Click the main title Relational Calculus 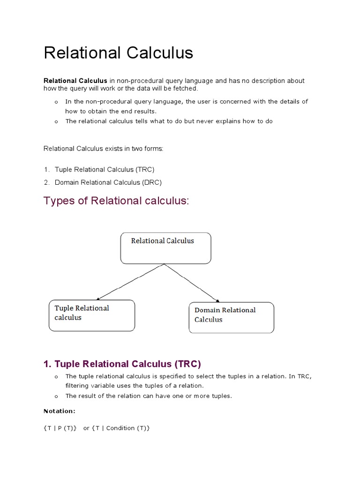118,53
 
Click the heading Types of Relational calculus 116,201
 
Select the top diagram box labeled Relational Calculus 165,248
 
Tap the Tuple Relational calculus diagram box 92,315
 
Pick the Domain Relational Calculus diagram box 231,317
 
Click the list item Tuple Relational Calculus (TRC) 104,169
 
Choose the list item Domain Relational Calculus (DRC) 108,182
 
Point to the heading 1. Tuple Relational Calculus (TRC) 122,364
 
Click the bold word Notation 59,411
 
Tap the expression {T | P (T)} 60,428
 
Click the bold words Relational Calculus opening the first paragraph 75,81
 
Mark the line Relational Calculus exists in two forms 104,149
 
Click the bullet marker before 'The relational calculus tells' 56,122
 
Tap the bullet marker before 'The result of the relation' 56,397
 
